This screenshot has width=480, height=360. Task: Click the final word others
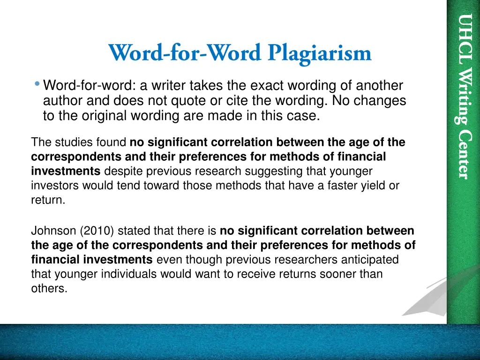click(x=49, y=289)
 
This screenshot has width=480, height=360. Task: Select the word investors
click(x=54, y=186)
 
